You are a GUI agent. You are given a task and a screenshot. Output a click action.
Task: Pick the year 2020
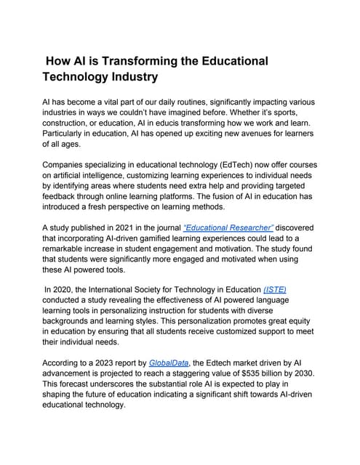click(x=67, y=288)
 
